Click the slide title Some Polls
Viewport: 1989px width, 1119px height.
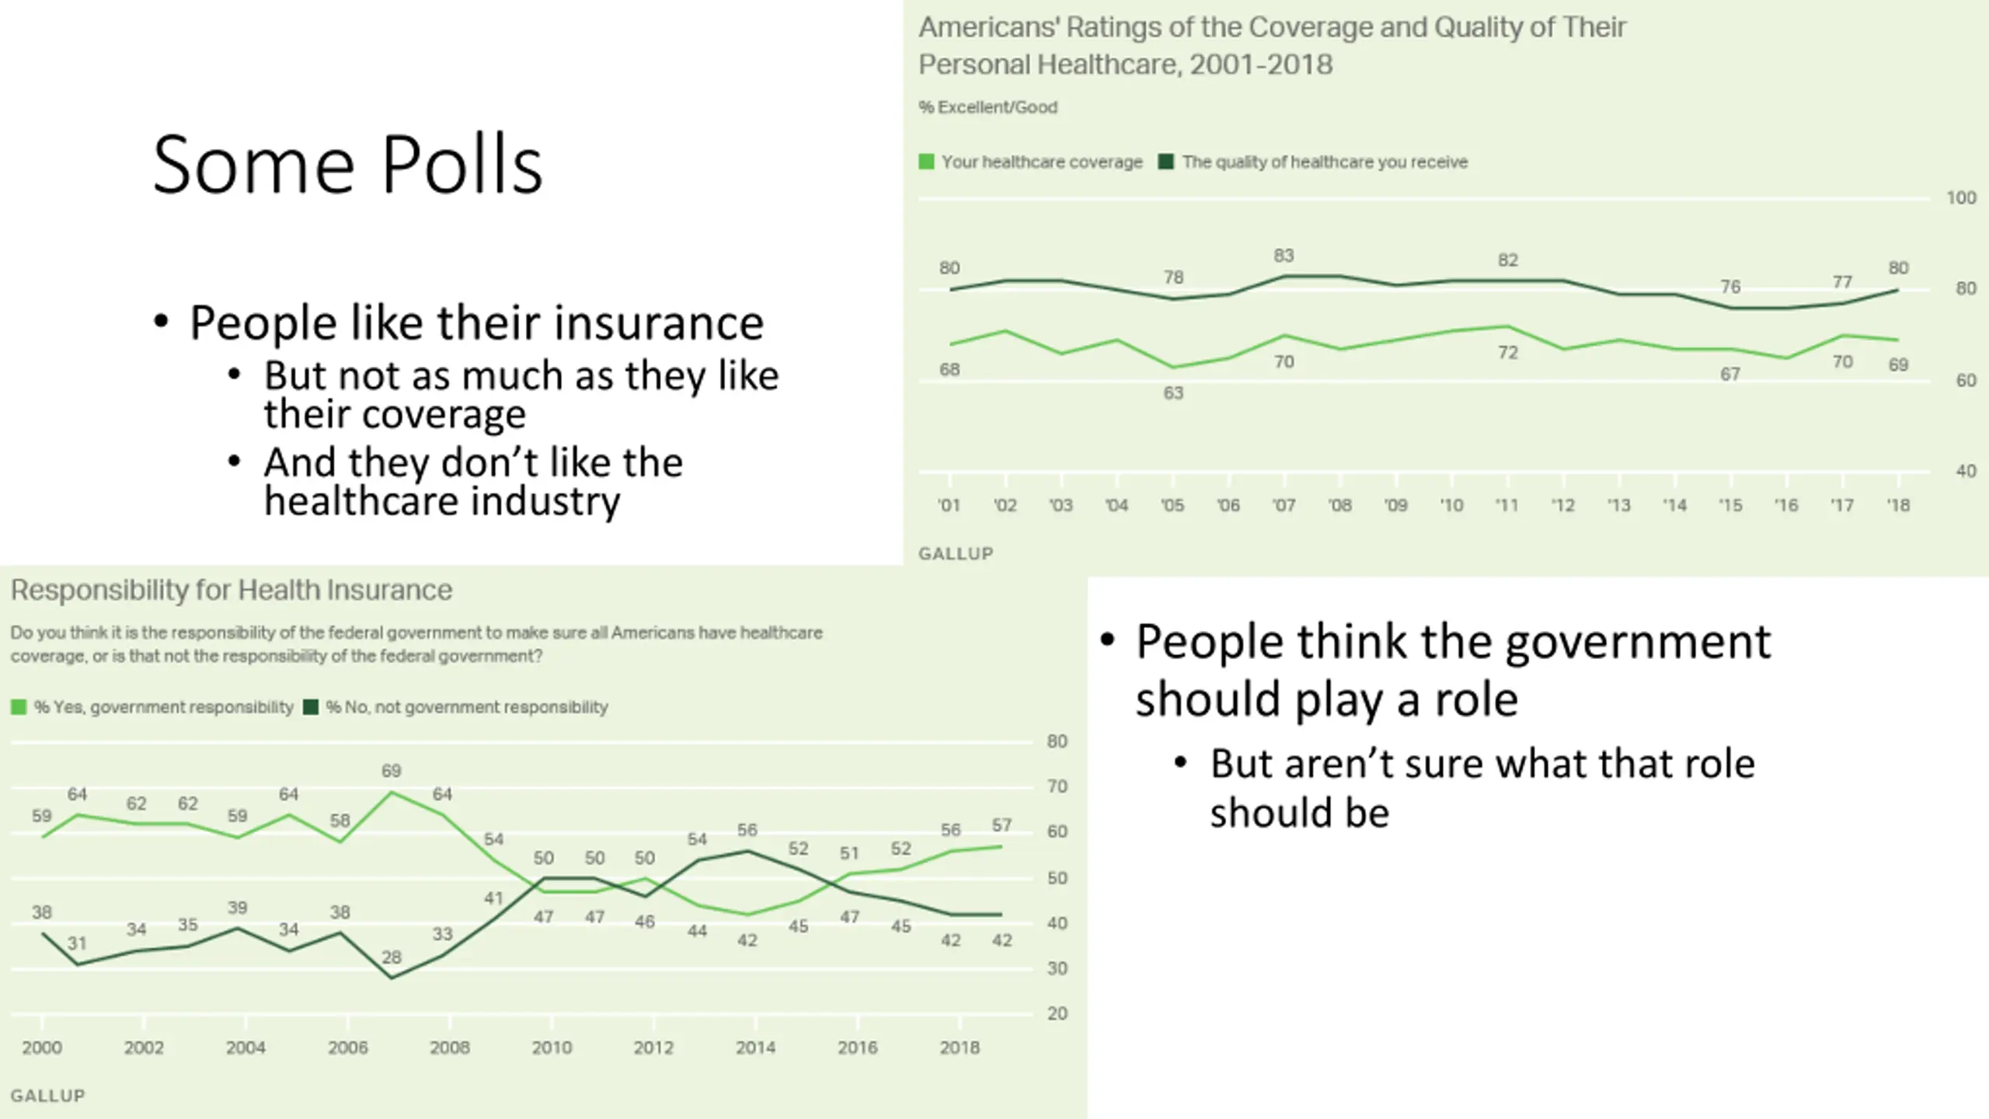click(x=347, y=165)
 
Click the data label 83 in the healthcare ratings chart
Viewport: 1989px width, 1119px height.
click(x=1284, y=256)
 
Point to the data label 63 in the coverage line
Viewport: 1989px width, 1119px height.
click(x=1173, y=393)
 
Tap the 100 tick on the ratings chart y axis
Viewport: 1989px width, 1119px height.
click(x=1961, y=198)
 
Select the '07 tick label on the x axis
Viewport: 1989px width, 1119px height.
click(x=1284, y=505)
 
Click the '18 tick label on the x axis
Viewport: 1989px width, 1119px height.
click(x=1898, y=505)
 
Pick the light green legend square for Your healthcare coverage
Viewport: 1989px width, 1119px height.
click(x=926, y=162)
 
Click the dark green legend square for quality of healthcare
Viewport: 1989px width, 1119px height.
click(x=1165, y=162)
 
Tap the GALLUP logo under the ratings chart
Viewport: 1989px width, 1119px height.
click(x=956, y=553)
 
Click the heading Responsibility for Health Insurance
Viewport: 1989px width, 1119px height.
click(x=232, y=591)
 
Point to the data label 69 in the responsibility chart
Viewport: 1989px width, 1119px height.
click(x=391, y=771)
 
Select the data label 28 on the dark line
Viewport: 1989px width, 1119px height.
click(x=392, y=957)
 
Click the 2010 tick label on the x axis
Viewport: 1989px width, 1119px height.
click(x=552, y=1048)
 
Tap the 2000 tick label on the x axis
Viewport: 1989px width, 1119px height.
click(x=42, y=1048)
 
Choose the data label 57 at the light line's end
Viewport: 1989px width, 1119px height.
click(x=1001, y=825)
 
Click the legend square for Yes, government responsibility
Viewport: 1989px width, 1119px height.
click(x=19, y=707)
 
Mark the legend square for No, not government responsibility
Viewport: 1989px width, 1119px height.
click(x=311, y=707)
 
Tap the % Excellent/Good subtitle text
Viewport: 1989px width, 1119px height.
click(x=988, y=107)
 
